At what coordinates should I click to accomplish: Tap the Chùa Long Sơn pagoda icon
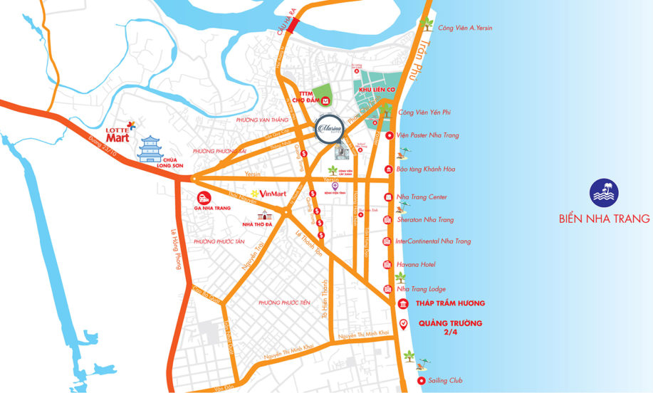click(151, 149)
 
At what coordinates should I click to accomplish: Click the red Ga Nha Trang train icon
click(204, 198)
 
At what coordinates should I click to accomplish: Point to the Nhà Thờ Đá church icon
click(266, 216)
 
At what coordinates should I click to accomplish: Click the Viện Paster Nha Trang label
click(428, 135)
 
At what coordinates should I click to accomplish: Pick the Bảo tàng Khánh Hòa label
click(426, 169)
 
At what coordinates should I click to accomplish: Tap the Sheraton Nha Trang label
click(425, 220)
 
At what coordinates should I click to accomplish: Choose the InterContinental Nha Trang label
click(433, 241)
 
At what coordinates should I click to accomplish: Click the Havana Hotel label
click(417, 265)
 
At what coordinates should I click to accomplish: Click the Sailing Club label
click(445, 381)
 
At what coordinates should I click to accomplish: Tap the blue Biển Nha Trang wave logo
click(604, 193)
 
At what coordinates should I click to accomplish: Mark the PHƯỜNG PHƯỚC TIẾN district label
click(285, 303)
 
